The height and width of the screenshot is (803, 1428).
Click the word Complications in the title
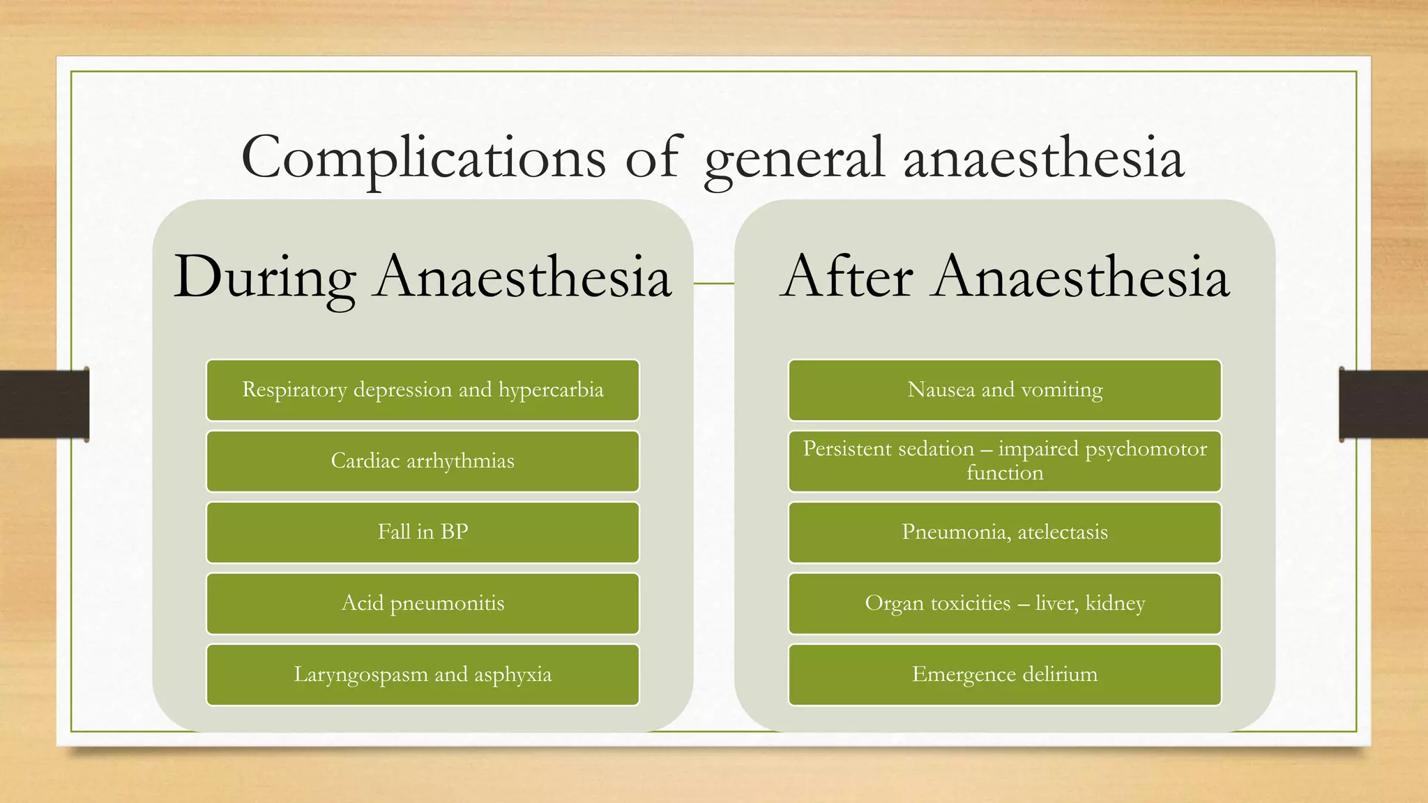(423, 158)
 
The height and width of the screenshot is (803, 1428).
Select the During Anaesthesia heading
(423, 277)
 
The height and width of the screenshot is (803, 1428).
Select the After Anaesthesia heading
(1005, 277)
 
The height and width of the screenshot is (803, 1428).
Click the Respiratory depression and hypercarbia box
(423, 390)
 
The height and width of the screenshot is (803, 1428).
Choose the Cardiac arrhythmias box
(423, 461)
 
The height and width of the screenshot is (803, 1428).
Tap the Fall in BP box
(423, 533)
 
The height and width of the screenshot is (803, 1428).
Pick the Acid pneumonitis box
(423, 604)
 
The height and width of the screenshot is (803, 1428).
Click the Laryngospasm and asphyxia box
(423, 675)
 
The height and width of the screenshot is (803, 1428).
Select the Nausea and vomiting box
(1005, 390)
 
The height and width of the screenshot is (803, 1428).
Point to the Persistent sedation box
(1005, 461)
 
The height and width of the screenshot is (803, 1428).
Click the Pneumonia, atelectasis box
(1005, 533)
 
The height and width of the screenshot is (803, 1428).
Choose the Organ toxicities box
(1005, 604)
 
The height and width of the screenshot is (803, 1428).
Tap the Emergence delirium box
(1005, 675)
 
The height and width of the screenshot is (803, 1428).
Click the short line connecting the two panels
(714, 284)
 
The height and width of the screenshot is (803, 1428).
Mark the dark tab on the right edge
(1383, 404)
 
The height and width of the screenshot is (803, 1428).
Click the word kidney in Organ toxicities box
(1115, 604)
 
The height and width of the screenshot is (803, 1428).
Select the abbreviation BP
(454, 533)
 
